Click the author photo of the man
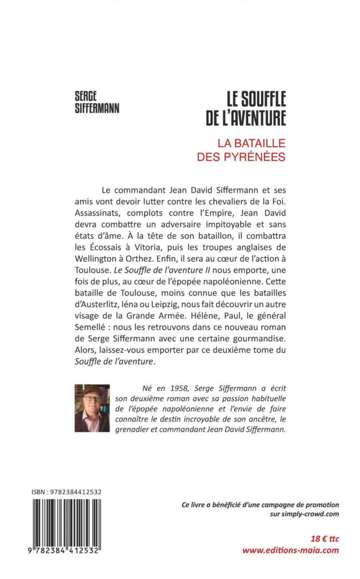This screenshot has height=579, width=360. click(x=92, y=407)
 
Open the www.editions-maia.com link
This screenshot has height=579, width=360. click(x=291, y=550)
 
